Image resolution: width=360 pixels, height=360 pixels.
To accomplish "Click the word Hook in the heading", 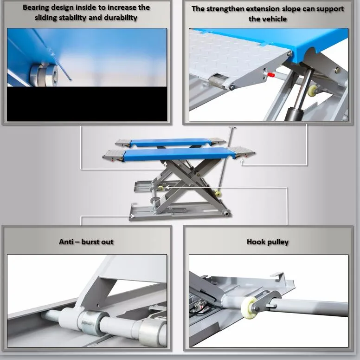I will [x=256, y=242].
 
